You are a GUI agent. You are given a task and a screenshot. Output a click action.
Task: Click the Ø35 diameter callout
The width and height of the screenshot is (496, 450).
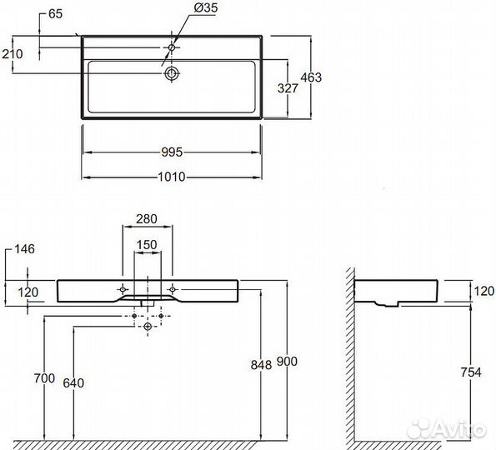click(206, 7)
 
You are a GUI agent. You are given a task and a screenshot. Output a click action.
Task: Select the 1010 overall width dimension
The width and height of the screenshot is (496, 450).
click(172, 177)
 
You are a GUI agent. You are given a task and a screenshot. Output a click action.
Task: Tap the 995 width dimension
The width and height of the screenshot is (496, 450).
click(172, 152)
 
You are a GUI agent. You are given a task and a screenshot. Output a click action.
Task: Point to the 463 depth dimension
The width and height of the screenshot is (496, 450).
click(311, 77)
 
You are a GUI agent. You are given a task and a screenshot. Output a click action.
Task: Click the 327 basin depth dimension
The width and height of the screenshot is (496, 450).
click(288, 88)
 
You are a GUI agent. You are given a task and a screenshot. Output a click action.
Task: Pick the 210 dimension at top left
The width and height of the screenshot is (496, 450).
click(13, 54)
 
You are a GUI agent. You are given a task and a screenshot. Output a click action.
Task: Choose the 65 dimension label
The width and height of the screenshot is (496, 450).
click(56, 14)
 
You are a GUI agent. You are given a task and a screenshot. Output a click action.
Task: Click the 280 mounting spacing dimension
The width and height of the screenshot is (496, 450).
click(147, 218)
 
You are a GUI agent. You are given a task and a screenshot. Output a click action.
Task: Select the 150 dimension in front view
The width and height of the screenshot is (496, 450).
click(147, 244)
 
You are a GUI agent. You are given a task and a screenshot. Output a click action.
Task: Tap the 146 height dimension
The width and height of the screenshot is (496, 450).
click(25, 249)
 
